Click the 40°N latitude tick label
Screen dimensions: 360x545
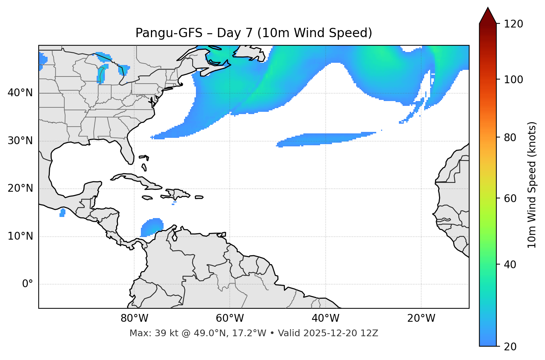coord(20,93)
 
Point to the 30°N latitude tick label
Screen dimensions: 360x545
coord(20,141)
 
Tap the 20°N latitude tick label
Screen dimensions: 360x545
coord(20,188)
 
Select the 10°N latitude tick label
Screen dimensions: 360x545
coord(20,236)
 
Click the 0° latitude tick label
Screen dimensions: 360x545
coord(28,284)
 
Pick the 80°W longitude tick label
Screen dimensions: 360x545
coord(134,318)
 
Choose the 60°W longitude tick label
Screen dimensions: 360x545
coord(230,318)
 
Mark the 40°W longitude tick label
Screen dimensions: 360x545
coord(325,318)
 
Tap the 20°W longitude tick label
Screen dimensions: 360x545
coord(421,318)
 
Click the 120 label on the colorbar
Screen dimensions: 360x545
coord(513,24)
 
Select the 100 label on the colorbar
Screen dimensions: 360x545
coord(513,80)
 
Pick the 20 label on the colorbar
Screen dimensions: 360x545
coord(510,347)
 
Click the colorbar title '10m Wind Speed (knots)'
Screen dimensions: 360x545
coord(532,185)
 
